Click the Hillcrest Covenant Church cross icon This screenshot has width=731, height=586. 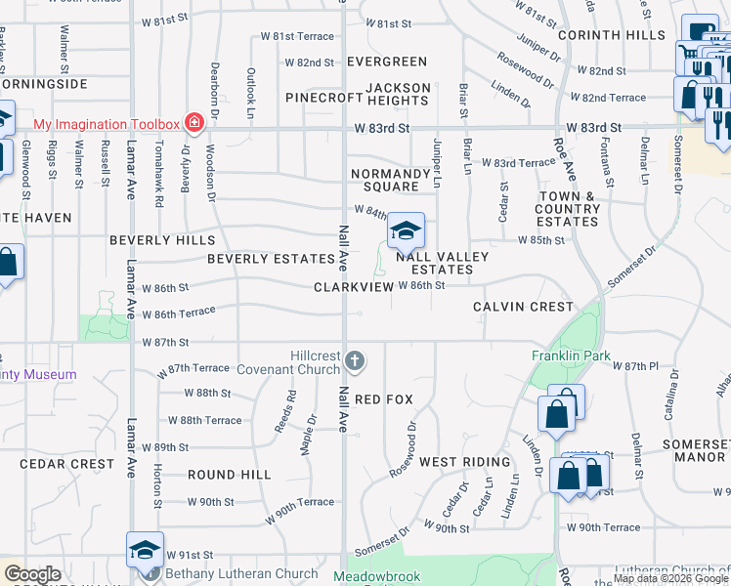[x=355, y=362]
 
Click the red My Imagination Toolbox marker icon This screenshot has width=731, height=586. [x=193, y=123]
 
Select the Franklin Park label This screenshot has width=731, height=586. [x=563, y=356]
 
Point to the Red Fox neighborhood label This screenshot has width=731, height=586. [x=384, y=399]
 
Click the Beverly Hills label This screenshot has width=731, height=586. [x=161, y=239]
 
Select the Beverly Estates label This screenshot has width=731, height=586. [x=272, y=259]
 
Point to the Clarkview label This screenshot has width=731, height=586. [x=353, y=287]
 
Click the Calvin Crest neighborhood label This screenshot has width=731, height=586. [x=523, y=307]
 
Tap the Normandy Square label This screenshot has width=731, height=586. [x=391, y=180]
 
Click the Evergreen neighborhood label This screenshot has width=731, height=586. [x=387, y=62]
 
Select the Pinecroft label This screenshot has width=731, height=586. [x=323, y=98]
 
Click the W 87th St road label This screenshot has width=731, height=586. [x=164, y=343]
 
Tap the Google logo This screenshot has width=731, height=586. [x=32, y=574]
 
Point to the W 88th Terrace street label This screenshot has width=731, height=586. [x=204, y=420]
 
